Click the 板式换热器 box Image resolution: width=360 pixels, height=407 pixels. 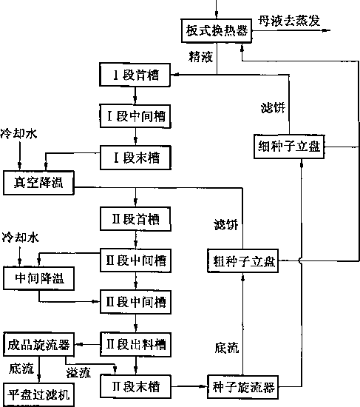coord(217,30)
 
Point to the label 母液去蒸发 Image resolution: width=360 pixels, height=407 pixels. coord(289,21)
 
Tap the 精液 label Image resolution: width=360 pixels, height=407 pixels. coord(201,56)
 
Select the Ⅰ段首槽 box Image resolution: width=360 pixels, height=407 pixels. coord(135,75)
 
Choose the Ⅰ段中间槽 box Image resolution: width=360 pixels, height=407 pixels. coord(135,116)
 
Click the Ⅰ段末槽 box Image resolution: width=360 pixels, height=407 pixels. coord(136,158)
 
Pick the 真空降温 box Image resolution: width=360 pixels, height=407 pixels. coord(38,183)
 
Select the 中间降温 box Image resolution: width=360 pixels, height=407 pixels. coord(38,278)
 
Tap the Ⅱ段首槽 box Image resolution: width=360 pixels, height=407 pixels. coord(136,219)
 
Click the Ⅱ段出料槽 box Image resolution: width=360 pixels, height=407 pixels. coord(136,345)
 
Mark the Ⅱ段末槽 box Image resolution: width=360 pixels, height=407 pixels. coord(136,386)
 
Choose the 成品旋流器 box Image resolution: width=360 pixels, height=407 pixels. coord(39,344)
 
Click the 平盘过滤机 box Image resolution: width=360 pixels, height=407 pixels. coord(39,394)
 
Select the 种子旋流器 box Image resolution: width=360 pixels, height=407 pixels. coord(242,387)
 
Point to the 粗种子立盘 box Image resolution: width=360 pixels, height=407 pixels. coord(242,261)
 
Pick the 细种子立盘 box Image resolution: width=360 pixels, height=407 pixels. coord(289,147)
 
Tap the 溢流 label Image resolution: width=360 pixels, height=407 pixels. coord(78,373)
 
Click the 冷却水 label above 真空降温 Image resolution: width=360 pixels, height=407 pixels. coord(18,134)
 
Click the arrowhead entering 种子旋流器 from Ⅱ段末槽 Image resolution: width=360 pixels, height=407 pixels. coord(203,387)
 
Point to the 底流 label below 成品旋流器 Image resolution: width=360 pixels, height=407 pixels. coord(21,369)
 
